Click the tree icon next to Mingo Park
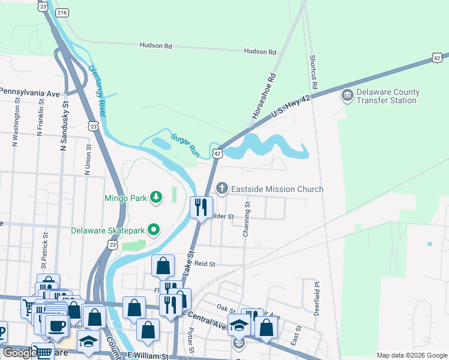(x=156, y=197)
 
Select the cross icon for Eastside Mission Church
(x=222, y=189)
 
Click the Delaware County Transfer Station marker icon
(x=347, y=96)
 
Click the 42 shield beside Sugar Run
(x=217, y=154)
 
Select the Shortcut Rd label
(x=313, y=71)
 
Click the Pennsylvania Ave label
(x=30, y=93)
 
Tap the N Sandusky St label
(x=64, y=125)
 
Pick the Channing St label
(x=246, y=219)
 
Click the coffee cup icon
(x=56, y=326)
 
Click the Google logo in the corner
(x=19, y=353)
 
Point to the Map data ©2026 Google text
(x=411, y=355)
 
